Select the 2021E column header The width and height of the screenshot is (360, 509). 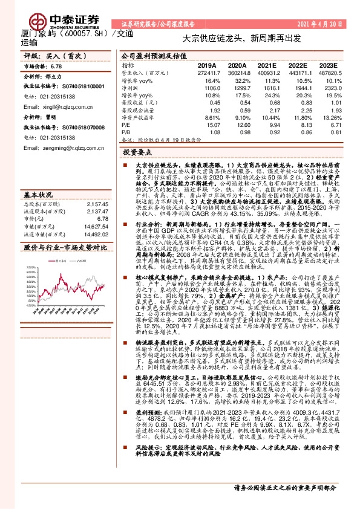click(x=266, y=65)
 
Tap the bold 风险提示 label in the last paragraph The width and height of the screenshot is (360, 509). click(x=136, y=464)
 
